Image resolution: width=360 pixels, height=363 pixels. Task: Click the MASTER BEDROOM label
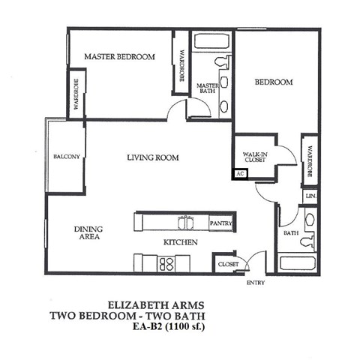(119, 57)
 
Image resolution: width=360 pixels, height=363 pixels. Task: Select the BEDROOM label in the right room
(272, 82)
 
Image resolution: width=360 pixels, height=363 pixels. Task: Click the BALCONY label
(66, 157)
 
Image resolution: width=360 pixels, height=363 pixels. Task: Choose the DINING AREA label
(88, 233)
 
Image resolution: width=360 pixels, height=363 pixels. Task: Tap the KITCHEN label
(180, 242)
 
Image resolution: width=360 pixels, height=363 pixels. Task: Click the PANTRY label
(221, 223)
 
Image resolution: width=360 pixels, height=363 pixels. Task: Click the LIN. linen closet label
(310, 196)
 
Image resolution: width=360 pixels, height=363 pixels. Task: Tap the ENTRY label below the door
(256, 283)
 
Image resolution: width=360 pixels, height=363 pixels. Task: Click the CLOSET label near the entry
(227, 265)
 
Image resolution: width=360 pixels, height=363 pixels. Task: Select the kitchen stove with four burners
(166, 262)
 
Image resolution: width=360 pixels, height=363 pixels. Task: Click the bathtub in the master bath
(205, 43)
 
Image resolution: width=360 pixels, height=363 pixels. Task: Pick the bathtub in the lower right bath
(297, 264)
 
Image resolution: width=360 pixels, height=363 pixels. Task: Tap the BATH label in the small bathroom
(289, 234)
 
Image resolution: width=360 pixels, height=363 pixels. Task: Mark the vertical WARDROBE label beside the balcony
(76, 94)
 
